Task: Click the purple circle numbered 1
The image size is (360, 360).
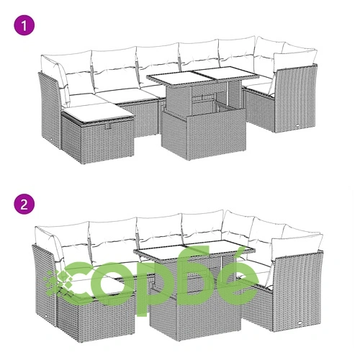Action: point(24,25)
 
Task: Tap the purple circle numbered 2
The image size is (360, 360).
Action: point(24,204)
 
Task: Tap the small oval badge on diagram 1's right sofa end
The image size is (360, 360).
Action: point(298,125)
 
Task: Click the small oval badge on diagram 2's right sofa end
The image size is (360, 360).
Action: point(300,323)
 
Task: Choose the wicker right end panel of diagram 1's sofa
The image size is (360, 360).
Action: point(295,99)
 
